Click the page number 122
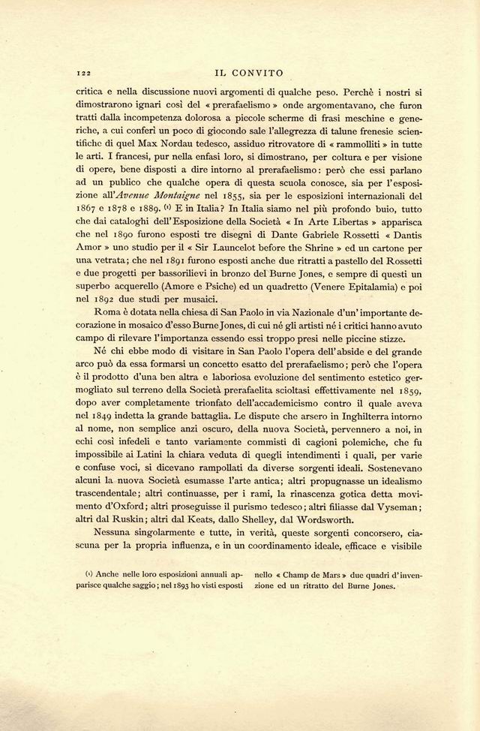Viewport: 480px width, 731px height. click(x=83, y=74)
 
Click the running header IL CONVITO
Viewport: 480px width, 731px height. click(x=248, y=74)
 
